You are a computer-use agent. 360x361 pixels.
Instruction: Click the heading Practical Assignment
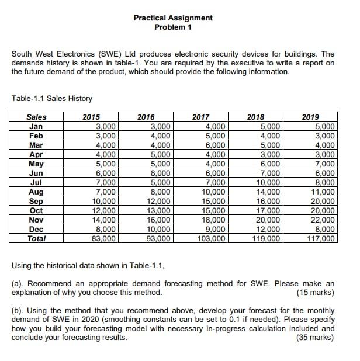coord(173,18)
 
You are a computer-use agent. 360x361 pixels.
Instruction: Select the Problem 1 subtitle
coord(173,27)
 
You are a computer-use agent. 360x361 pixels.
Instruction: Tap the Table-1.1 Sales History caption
coord(51,99)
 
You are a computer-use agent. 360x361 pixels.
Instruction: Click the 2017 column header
coord(201,117)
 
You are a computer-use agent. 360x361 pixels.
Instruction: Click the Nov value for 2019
coord(324,220)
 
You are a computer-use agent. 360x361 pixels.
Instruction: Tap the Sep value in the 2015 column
coord(106,201)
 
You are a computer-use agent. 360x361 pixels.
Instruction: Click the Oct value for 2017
coord(214,210)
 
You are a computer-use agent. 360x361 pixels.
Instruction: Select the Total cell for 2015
coord(106,238)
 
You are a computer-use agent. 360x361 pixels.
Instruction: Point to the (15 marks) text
coord(316,292)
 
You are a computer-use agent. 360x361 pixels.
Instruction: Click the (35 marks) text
coord(316,337)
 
